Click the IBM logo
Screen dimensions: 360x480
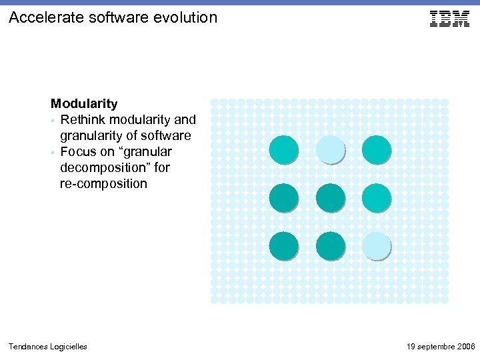pos(449,19)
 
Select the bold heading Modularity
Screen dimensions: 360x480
pos(85,104)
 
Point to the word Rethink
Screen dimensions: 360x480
pos(83,120)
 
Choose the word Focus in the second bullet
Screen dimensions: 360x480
pos(79,152)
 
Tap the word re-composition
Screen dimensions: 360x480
pos(103,184)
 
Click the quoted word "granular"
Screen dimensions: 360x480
pos(150,152)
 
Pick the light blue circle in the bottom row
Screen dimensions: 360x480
pos(376,245)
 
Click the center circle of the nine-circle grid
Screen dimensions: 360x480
pos(329,197)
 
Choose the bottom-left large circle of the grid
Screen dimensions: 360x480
pos(283,245)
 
